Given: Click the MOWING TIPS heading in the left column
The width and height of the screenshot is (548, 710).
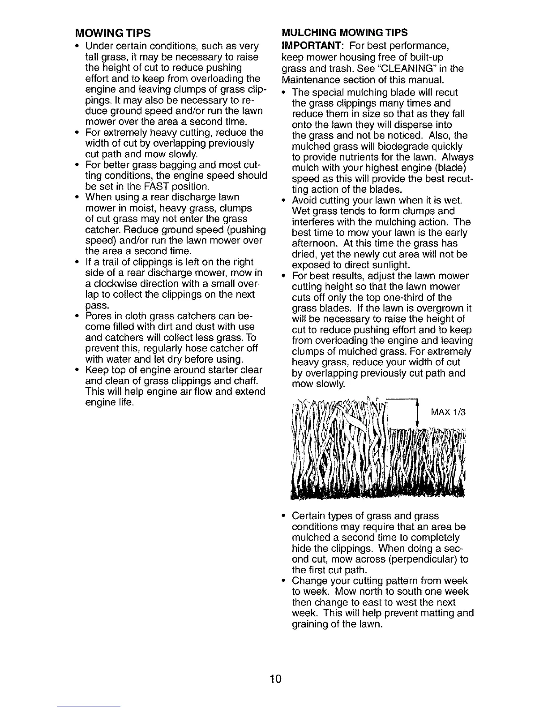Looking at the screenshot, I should point(112,34).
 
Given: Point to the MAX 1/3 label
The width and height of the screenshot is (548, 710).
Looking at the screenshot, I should point(448,412).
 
